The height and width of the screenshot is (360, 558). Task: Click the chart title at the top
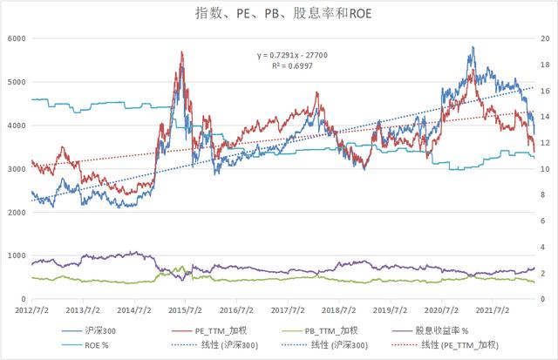(278, 15)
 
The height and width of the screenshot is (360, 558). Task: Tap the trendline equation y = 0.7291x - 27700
(291, 56)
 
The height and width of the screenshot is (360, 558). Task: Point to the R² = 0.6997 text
(291, 66)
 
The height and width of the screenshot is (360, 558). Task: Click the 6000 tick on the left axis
(16, 38)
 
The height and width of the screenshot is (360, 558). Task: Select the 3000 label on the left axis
(16, 169)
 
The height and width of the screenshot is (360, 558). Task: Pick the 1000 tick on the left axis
(16, 256)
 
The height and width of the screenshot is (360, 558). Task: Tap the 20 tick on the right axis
(545, 38)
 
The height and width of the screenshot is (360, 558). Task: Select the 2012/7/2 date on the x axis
(31, 309)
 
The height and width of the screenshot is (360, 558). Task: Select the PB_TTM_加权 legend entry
(328, 330)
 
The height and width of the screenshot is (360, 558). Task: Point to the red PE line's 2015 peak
(181, 52)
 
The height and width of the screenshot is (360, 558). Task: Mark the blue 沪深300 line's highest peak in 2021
(473, 47)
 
